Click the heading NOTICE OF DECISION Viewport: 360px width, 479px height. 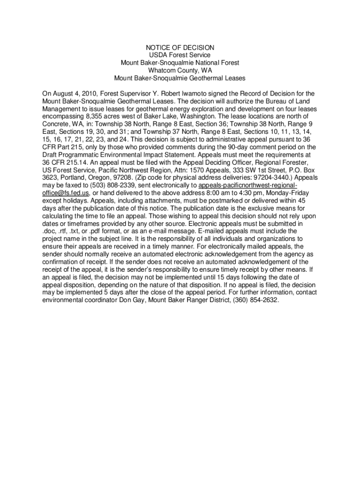[180, 48]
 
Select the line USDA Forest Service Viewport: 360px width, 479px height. [180, 55]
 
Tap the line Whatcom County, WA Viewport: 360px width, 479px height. [180, 70]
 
